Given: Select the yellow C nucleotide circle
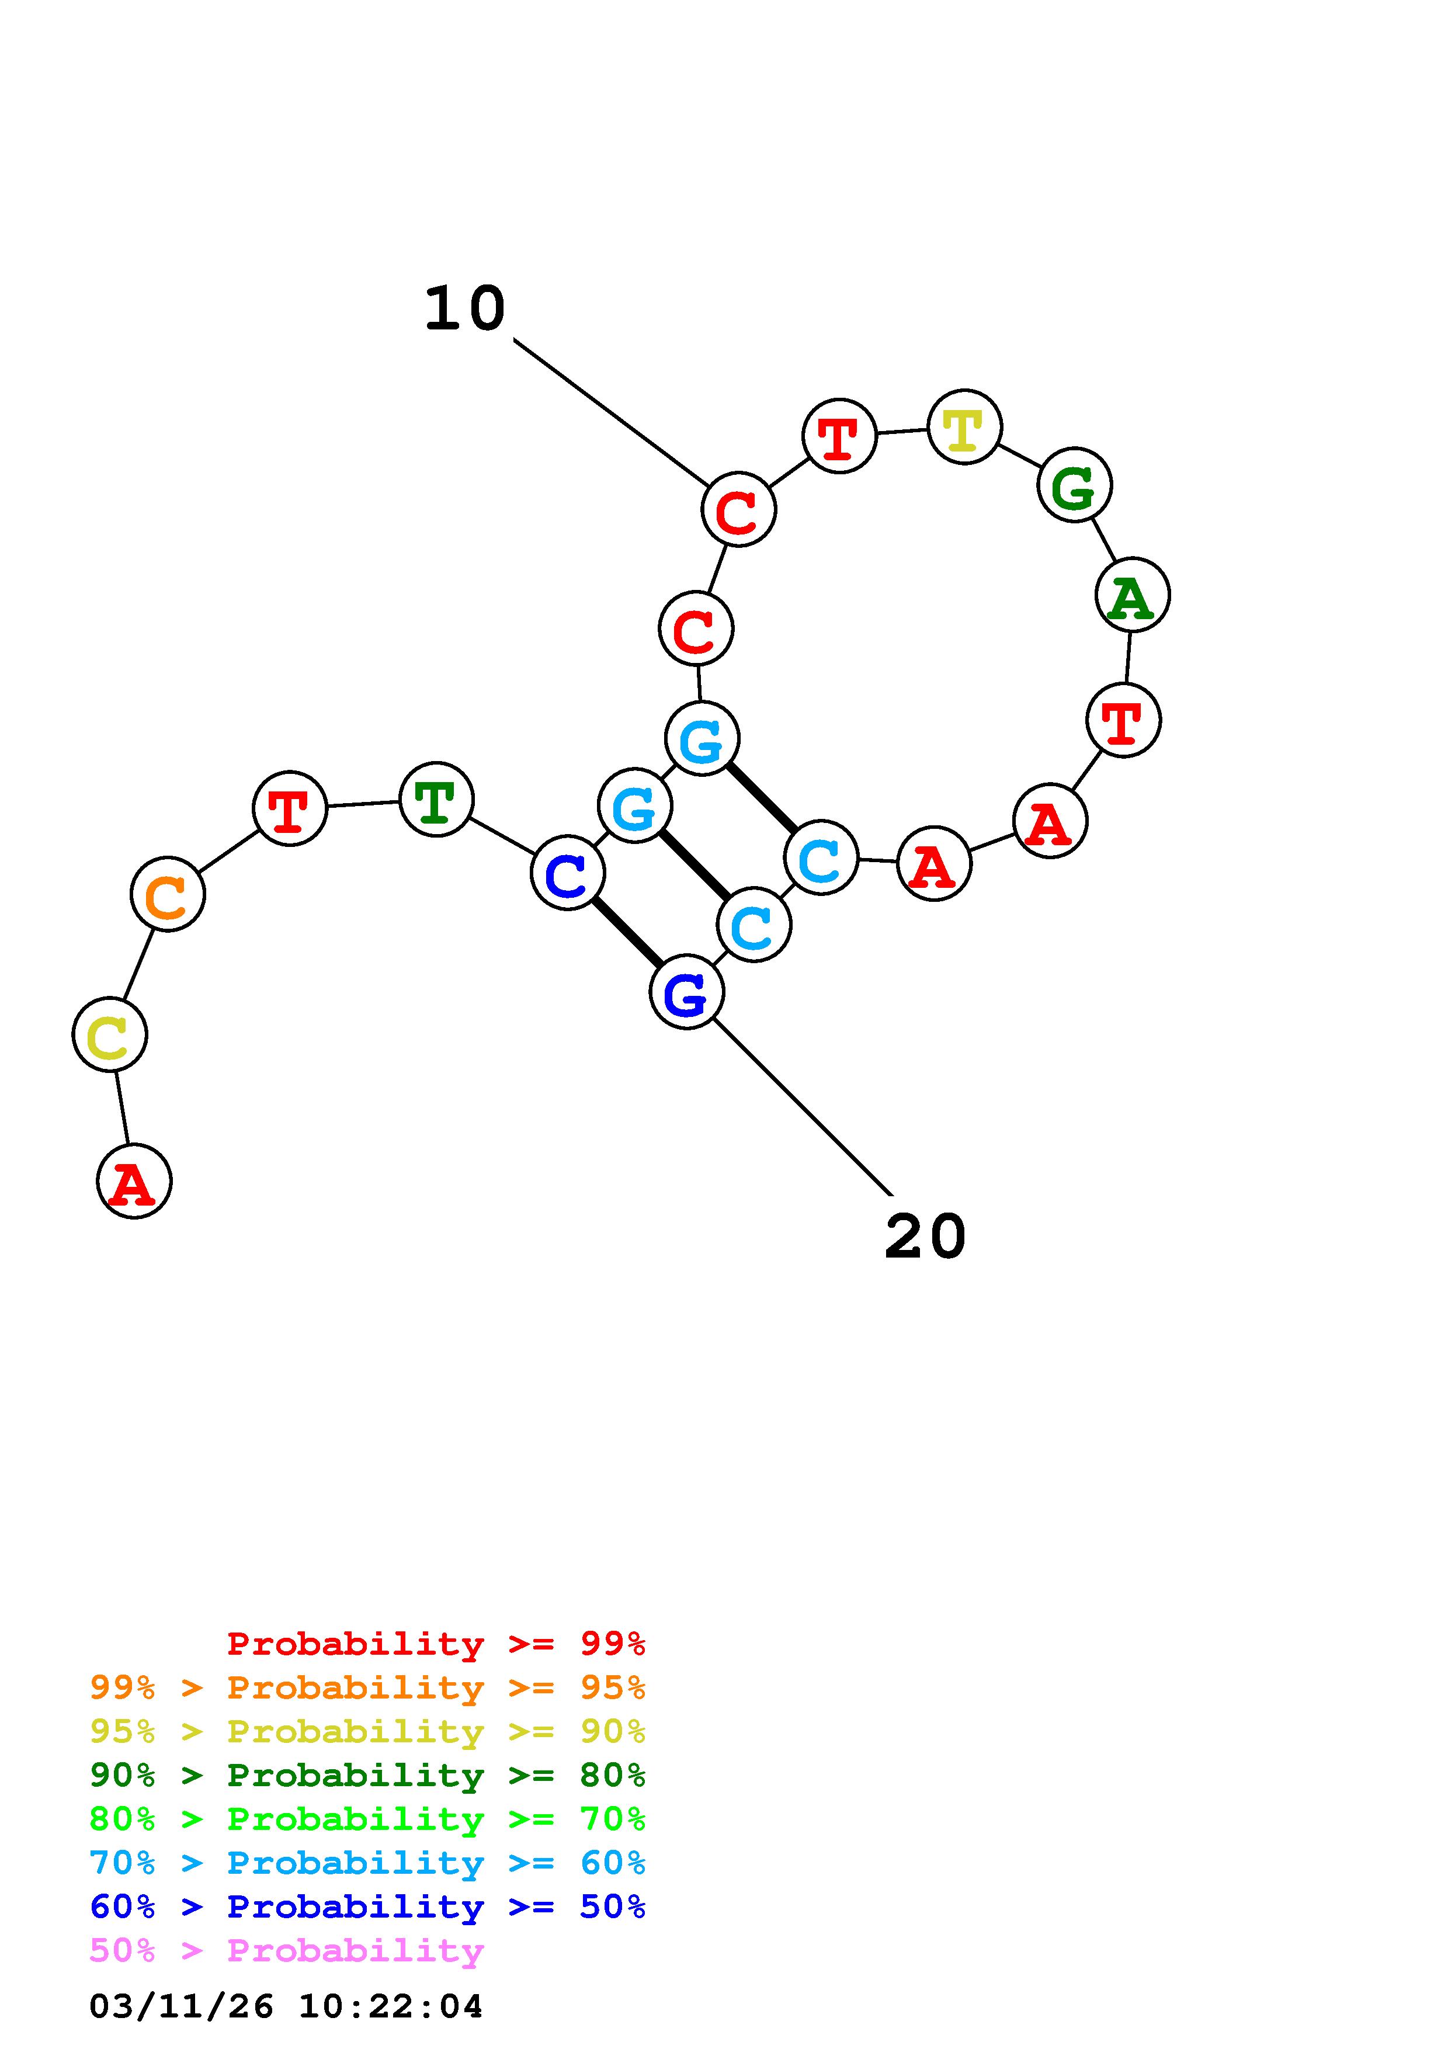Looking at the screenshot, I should point(110,1034).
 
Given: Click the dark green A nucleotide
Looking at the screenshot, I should point(1132,595).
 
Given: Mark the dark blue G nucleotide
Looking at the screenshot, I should point(686,992).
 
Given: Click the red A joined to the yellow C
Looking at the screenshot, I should point(134,1182).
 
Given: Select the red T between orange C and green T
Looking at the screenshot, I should point(290,808).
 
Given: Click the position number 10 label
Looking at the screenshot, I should point(465,309).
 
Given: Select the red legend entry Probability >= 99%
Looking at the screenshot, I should point(436,1644).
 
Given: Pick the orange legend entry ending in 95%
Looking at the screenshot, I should point(367,1687).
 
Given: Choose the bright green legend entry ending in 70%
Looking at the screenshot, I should point(367,1819).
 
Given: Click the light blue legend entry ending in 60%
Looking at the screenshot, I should point(367,1863).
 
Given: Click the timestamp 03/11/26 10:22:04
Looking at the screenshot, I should point(286,2006).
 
